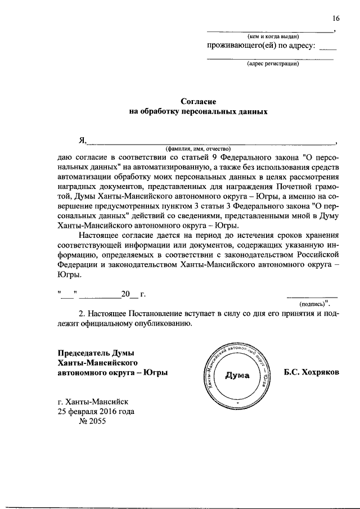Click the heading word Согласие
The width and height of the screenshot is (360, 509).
click(199, 101)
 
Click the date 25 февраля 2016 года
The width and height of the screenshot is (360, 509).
click(96, 411)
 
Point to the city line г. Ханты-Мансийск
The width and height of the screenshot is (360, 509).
click(93, 402)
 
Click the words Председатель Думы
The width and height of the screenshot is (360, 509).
click(96, 353)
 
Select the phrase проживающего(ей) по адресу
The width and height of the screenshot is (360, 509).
click(262, 47)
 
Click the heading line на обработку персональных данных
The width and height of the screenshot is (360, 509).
click(198, 111)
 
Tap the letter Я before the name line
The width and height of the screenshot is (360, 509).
click(83, 140)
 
